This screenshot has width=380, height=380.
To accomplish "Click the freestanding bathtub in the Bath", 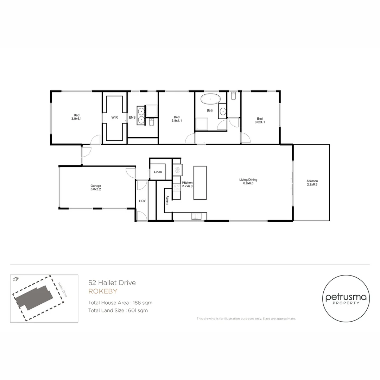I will [x=210, y=99].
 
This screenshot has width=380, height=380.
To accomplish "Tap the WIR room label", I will [x=115, y=118].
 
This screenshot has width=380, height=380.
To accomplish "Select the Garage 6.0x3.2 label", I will [x=96, y=188].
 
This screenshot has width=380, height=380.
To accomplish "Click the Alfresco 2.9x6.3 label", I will [x=312, y=183].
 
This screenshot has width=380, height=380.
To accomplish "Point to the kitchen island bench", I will [x=200, y=183].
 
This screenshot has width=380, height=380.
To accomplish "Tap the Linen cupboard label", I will [x=158, y=172].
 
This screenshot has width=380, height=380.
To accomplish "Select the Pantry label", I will [x=167, y=200].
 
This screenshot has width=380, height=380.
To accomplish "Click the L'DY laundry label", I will [x=142, y=201].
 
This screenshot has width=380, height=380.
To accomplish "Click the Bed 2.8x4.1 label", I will [x=177, y=119].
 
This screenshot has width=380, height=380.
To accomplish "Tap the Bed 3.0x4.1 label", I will [x=260, y=120].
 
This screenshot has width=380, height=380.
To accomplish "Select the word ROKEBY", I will [x=103, y=291].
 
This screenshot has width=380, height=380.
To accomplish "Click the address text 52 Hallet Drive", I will [x=112, y=283].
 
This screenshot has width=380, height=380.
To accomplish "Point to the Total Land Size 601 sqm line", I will [x=118, y=310].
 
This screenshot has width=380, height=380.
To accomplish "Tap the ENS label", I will [x=132, y=118].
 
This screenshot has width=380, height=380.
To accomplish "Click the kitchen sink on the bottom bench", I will [x=196, y=216].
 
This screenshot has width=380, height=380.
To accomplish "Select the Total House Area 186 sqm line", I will [x=120, y=303].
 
